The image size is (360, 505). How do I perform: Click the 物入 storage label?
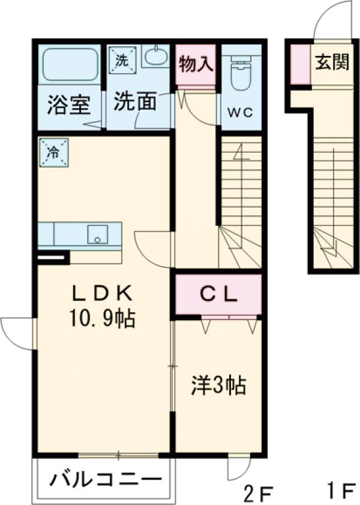point(196,64)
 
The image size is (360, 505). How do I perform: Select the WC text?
point(241,111)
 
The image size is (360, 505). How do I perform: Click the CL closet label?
point(218,294)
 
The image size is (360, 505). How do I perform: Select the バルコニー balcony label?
point(106,480)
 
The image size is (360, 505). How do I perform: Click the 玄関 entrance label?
point(332,62)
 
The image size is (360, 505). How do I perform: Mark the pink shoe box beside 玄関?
point(301,64)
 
